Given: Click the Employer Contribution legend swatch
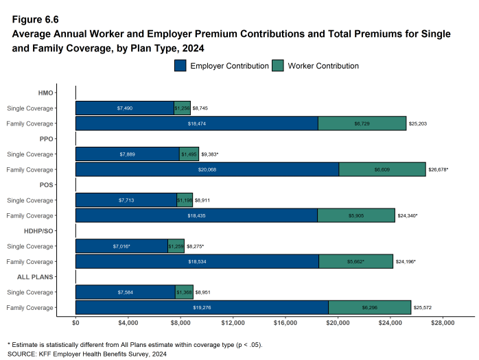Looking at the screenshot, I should click(180, 66).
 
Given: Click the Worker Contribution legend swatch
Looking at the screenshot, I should click(278, 66).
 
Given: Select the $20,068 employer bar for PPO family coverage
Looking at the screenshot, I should click(207, 169).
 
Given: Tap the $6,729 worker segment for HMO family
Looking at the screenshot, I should click(362, 123).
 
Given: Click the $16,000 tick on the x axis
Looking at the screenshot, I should click(285, 322).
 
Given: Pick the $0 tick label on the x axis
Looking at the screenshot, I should click(75, 322).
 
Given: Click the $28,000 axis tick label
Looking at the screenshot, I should click(442, 322).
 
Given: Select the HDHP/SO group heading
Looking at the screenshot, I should click(39, 231).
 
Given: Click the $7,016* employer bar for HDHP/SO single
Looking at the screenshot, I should click(121, 246).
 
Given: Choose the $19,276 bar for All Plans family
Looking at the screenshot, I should click(202, 308).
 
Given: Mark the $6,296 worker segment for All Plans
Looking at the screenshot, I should click(369, 308).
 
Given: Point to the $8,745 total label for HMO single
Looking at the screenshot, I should click(202, 108).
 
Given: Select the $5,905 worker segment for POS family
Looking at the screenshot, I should click(356, 215).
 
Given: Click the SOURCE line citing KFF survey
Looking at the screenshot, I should click(86, 354).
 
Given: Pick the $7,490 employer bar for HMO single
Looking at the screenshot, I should click(124, 108).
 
